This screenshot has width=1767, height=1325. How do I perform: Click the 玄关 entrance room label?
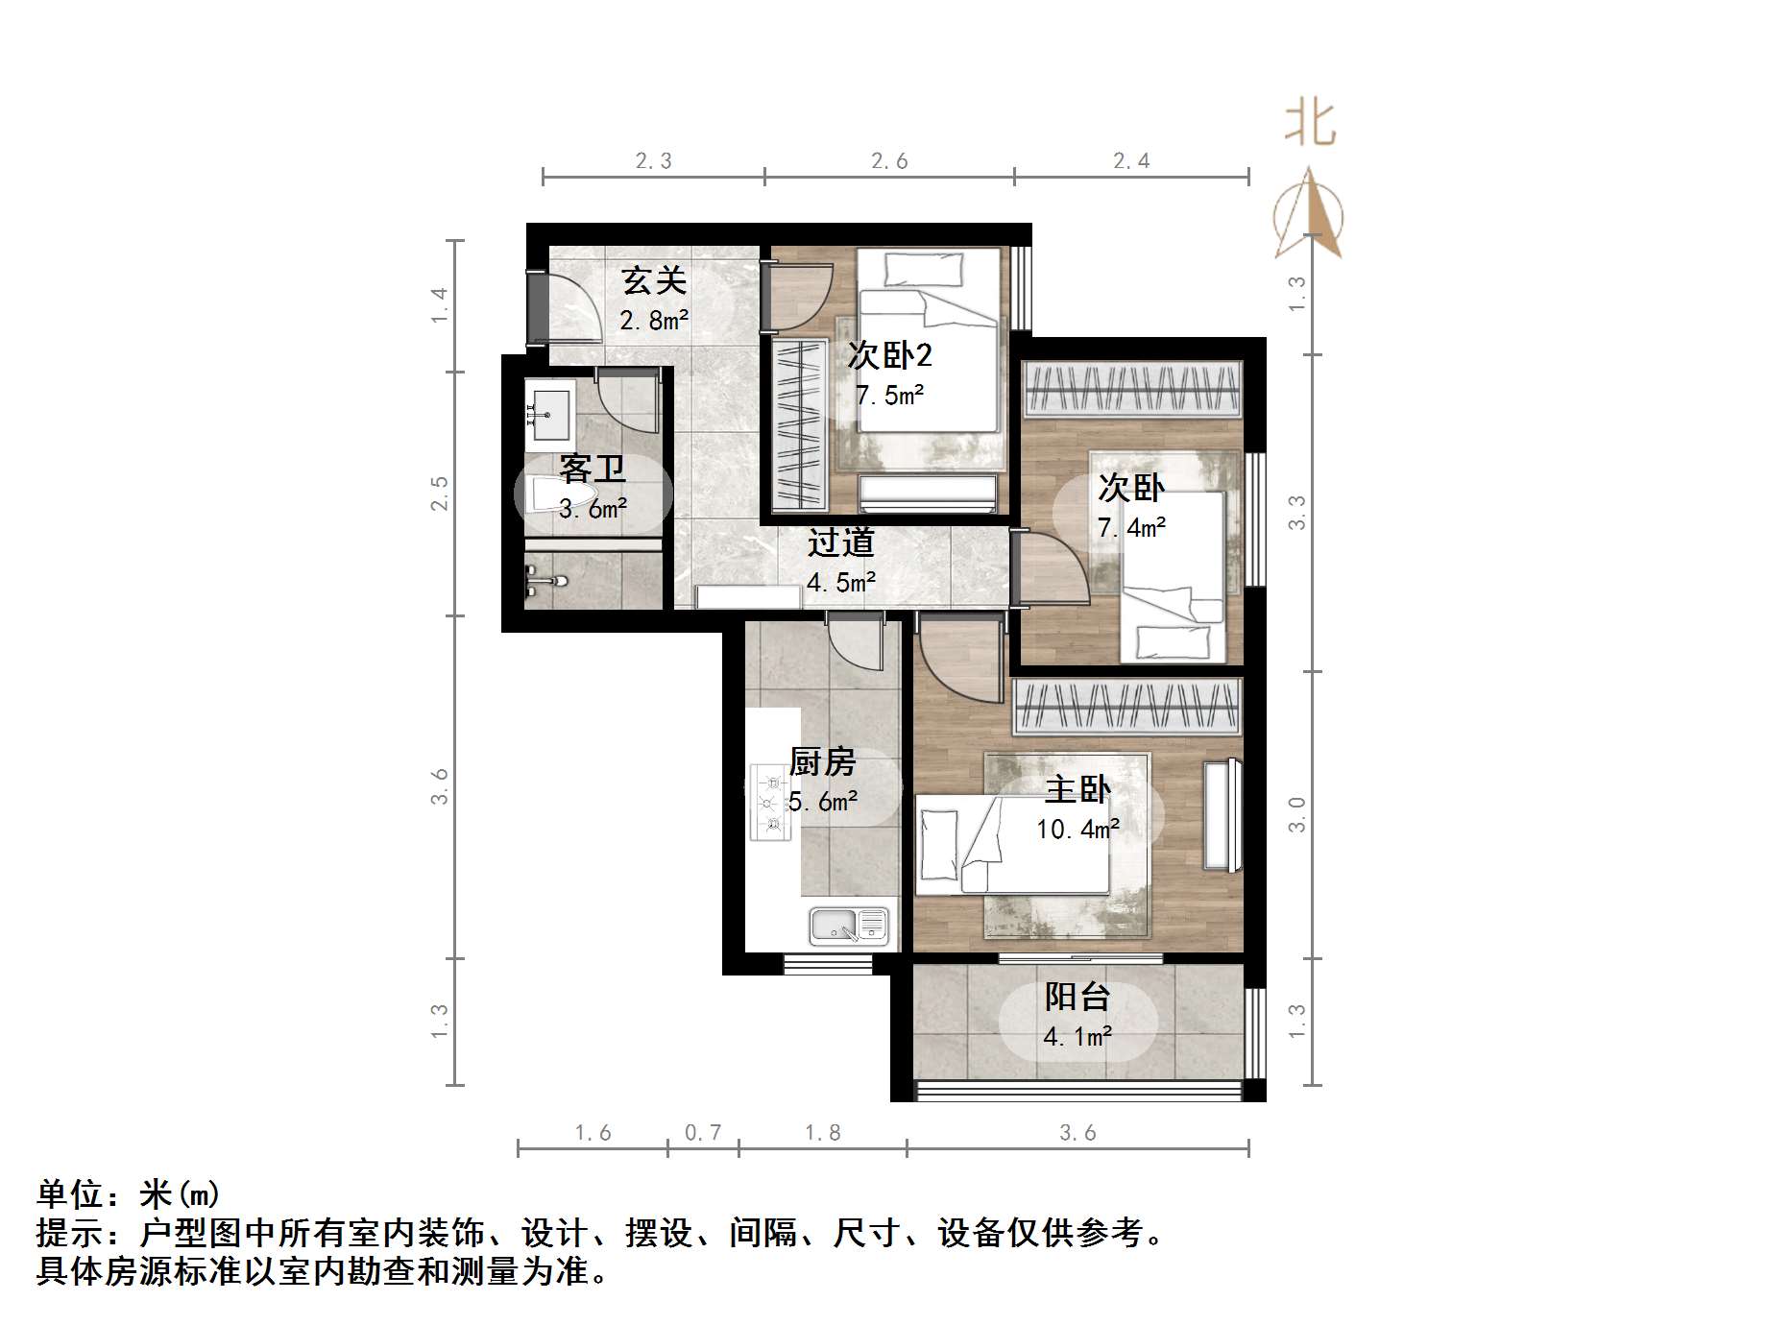[x=654, y=281]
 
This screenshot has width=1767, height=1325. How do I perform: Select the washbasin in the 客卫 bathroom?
[x=548, y=414]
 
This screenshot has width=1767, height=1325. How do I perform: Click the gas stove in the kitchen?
[x=770, y=802]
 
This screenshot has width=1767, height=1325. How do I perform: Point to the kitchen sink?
[x=848, y=925]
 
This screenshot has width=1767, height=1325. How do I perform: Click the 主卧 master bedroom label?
[x=1077, y=789]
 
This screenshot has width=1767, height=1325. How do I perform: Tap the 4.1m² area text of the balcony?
[x=1077, y=1037]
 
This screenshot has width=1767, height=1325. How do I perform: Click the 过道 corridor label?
[x=840, y=543]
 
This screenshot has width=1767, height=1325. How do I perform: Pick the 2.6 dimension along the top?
[x=889, y=161]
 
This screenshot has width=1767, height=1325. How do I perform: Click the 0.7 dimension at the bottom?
[x=703, y=1133]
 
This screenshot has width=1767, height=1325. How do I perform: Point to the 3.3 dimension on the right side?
[x=1297, y=512]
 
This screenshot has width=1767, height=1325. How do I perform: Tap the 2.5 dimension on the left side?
[x=440, y=494]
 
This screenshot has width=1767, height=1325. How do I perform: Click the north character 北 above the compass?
[x=1310, y=123]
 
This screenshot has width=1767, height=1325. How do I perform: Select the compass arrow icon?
[x=1309, y=216]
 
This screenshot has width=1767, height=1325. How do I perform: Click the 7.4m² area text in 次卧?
[x=1131, y=528]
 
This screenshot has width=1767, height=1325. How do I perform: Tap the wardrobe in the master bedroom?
[x=1127, y=707]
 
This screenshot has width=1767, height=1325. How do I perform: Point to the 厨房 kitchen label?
[x=822, y=762]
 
